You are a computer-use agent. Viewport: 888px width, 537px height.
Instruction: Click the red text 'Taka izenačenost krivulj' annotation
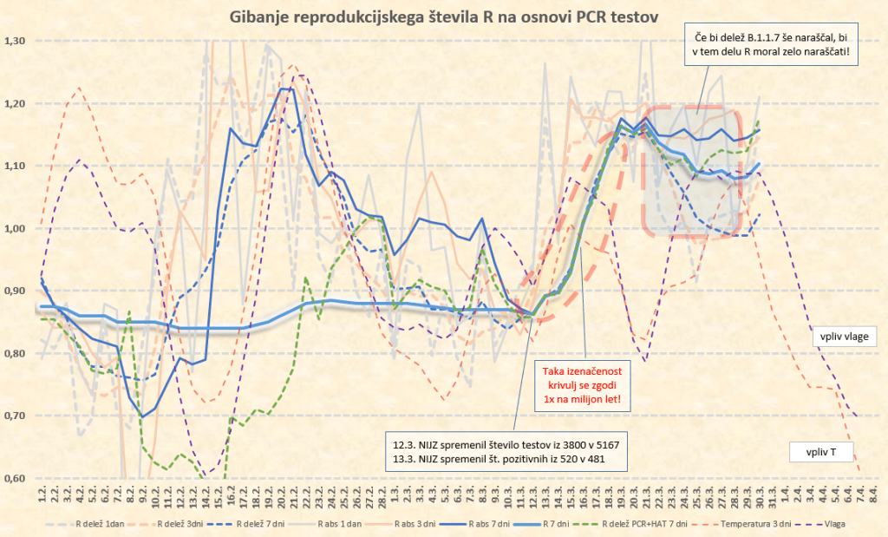coord(584,383)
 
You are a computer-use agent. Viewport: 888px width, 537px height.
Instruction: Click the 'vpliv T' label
coord(821,451)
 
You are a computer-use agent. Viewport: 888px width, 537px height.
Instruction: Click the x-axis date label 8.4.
coord(873,495)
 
